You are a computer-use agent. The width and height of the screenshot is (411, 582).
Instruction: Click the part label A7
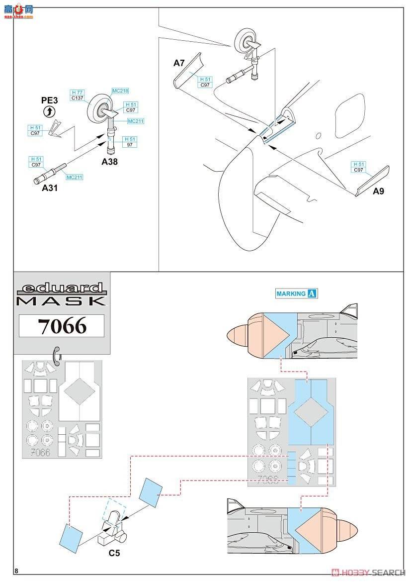click(x=179, y=63)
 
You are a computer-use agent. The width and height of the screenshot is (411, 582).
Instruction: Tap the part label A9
click(x=378, y=191)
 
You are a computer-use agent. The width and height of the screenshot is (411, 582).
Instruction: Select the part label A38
click(x=109, y=162)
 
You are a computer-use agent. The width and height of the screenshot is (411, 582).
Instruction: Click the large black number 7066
click(x=62, y=326)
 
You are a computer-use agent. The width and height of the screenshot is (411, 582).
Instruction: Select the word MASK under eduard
click(x=61, y=301)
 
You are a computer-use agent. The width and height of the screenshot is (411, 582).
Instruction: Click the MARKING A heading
click(x=297, y=293)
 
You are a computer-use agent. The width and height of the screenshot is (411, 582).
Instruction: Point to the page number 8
click(x=17, y=571)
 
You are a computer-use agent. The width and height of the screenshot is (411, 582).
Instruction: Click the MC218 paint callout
click(x=120, y=91)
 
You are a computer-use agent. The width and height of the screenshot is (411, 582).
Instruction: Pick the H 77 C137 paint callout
click(x=77, y=96)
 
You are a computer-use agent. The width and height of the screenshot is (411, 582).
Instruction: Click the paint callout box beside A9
click(x=358, y=167)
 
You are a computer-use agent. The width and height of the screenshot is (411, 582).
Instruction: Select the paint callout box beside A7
click(x=205, y=82)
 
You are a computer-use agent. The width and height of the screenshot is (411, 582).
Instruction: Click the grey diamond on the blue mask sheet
click(x=311, y=412)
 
